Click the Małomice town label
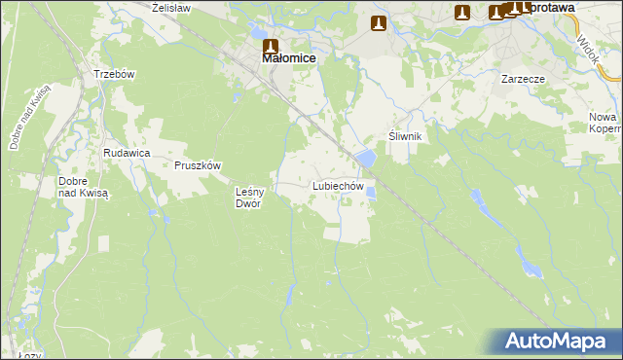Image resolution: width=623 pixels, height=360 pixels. coord(289,58)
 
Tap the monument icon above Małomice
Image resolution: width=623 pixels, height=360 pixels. coord(271,45)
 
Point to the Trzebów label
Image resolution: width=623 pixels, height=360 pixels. coord(113,75)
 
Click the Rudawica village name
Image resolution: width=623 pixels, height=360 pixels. coord(126,153)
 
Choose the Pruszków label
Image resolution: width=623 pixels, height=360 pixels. coord(199,164)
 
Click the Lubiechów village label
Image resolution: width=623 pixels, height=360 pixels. coord(338,185)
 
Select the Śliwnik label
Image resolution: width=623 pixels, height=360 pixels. coord(405,136)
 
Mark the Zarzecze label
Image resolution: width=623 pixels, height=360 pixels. coord(523,78)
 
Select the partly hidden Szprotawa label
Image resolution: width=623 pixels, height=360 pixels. coord(545,7)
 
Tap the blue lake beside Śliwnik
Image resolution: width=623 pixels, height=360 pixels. coord(366,158)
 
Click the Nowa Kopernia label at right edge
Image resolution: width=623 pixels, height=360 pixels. coord(605,123)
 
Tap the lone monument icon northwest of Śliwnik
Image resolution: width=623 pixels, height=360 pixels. coord(379,23)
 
